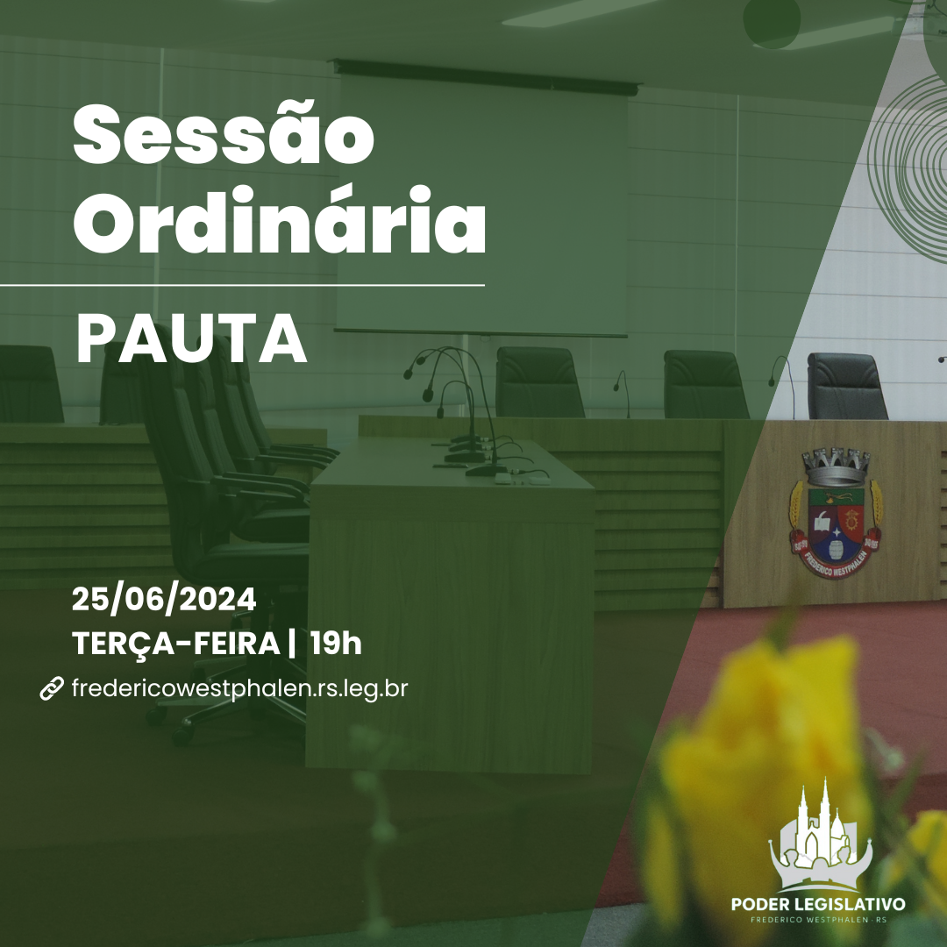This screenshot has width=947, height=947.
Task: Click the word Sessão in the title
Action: pos(224,137)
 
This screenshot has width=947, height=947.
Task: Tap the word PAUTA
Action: pos(191,338)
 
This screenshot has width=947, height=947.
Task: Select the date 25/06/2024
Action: pos(164,601)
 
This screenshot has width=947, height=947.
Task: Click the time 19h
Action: pos(335,644)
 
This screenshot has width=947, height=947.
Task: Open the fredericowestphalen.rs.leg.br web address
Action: pos(239,689)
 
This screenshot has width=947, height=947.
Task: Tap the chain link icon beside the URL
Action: pos(52,689)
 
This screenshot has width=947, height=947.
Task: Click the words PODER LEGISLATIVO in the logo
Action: pos(818,904)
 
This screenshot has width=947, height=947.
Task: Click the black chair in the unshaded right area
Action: pos(846,386)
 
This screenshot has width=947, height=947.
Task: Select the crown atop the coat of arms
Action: pos(837,465)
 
